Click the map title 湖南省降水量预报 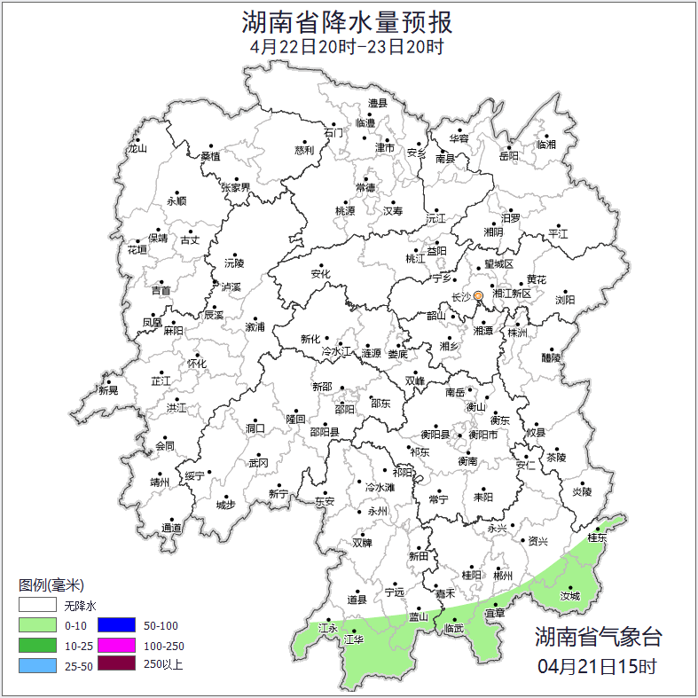348,20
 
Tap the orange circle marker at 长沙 479,295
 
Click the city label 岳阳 509,156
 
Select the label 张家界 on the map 236,187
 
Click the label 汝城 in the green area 571,596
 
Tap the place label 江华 353,639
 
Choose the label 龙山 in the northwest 136,148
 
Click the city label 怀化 196,364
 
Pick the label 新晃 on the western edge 108,390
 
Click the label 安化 320,274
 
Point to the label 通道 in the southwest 171,529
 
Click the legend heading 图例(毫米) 51,585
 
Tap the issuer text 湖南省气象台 598,636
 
